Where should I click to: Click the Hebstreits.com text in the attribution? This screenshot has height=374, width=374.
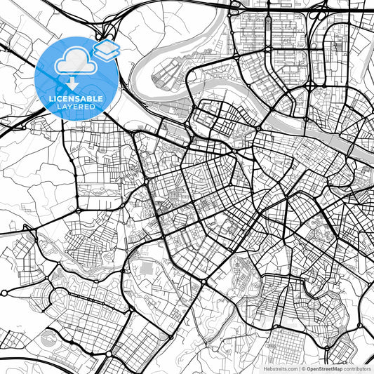(281, 368)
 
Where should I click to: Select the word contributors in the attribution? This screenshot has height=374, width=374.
(358, 368)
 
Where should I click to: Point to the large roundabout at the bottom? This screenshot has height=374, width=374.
(203, 282)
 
